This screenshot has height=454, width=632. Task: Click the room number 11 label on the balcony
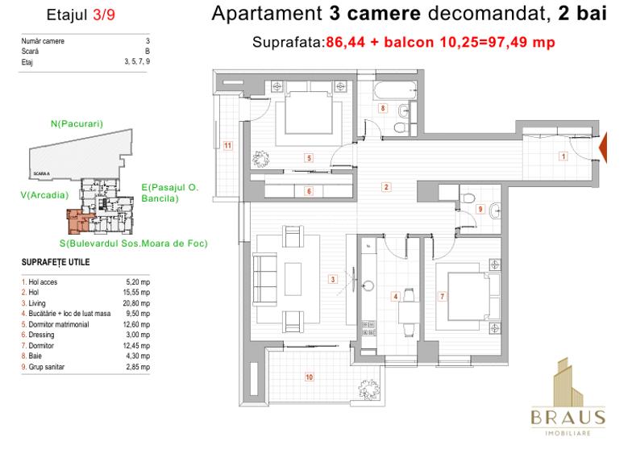(228, 145)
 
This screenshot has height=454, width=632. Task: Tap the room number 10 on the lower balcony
(308, 376)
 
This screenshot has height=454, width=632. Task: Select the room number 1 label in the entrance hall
(562, 157)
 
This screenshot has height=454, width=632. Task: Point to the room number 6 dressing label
(308, 191)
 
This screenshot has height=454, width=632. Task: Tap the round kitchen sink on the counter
(369, 285)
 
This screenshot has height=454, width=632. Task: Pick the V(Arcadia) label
(44, 194)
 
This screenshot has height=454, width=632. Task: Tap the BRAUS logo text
(567, 416)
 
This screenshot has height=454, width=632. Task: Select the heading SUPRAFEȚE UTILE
(56, 263)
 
